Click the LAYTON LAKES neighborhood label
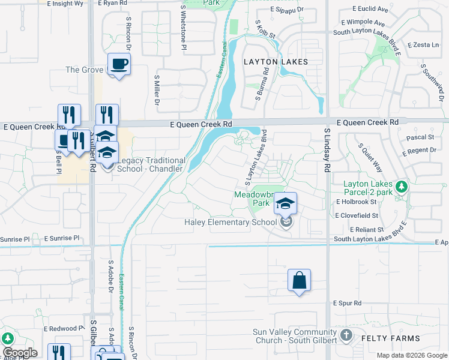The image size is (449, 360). pyautogui.click(x=276, y=62)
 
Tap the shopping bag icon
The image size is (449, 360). pyautogui.click(x=299, y=281)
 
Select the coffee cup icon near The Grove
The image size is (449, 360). pyautogui.click(x=119, y=64)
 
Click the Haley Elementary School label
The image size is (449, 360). pyautogui.click(x=231, y=223)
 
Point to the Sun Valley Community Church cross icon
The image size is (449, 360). pyautogui.click(x=346, y=335)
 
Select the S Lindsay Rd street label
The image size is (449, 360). pyautogui.click(x=328, y=150)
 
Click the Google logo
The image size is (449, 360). pyautogui.click(x=20, y=353)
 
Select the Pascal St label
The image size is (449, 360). pyautogui.click(x=416, y=137)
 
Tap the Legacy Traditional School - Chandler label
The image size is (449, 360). pyautogui.click(x=149, y=164)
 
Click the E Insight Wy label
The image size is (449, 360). pyautogui.click(x=65, y=4)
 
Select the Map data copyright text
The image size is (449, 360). pyautogui.click(x=411, y=355)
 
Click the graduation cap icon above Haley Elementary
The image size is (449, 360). pyautogui.click(x=286, y=203)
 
